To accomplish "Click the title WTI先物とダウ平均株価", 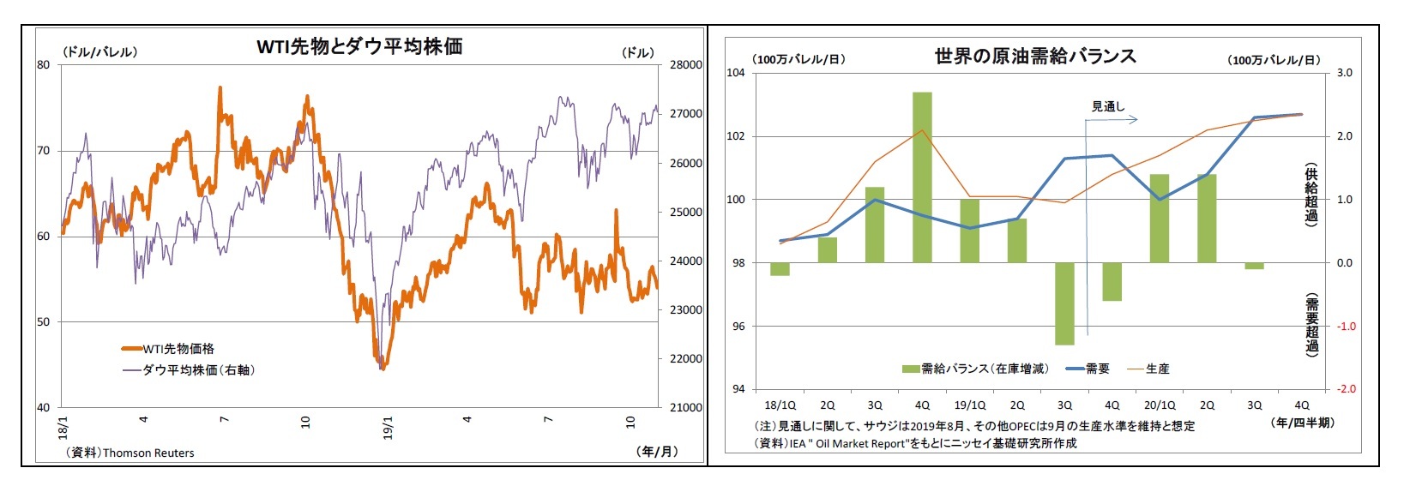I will click(359, 46).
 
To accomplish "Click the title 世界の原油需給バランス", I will click(1035, 57).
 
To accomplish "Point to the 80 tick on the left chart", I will click(44, 64).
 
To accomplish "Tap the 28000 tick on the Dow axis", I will click(685, 64).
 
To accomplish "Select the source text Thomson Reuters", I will click(148, 453).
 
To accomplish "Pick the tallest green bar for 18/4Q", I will click(922, 177).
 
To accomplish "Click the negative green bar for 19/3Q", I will click(1064, 303).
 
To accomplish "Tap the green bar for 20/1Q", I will click(1159, 219).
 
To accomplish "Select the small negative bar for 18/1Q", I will click(780, 269).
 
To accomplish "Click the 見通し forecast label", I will click(1107, 106).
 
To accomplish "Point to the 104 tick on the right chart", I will click(736, 73).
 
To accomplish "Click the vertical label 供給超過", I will click(1311, 194).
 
